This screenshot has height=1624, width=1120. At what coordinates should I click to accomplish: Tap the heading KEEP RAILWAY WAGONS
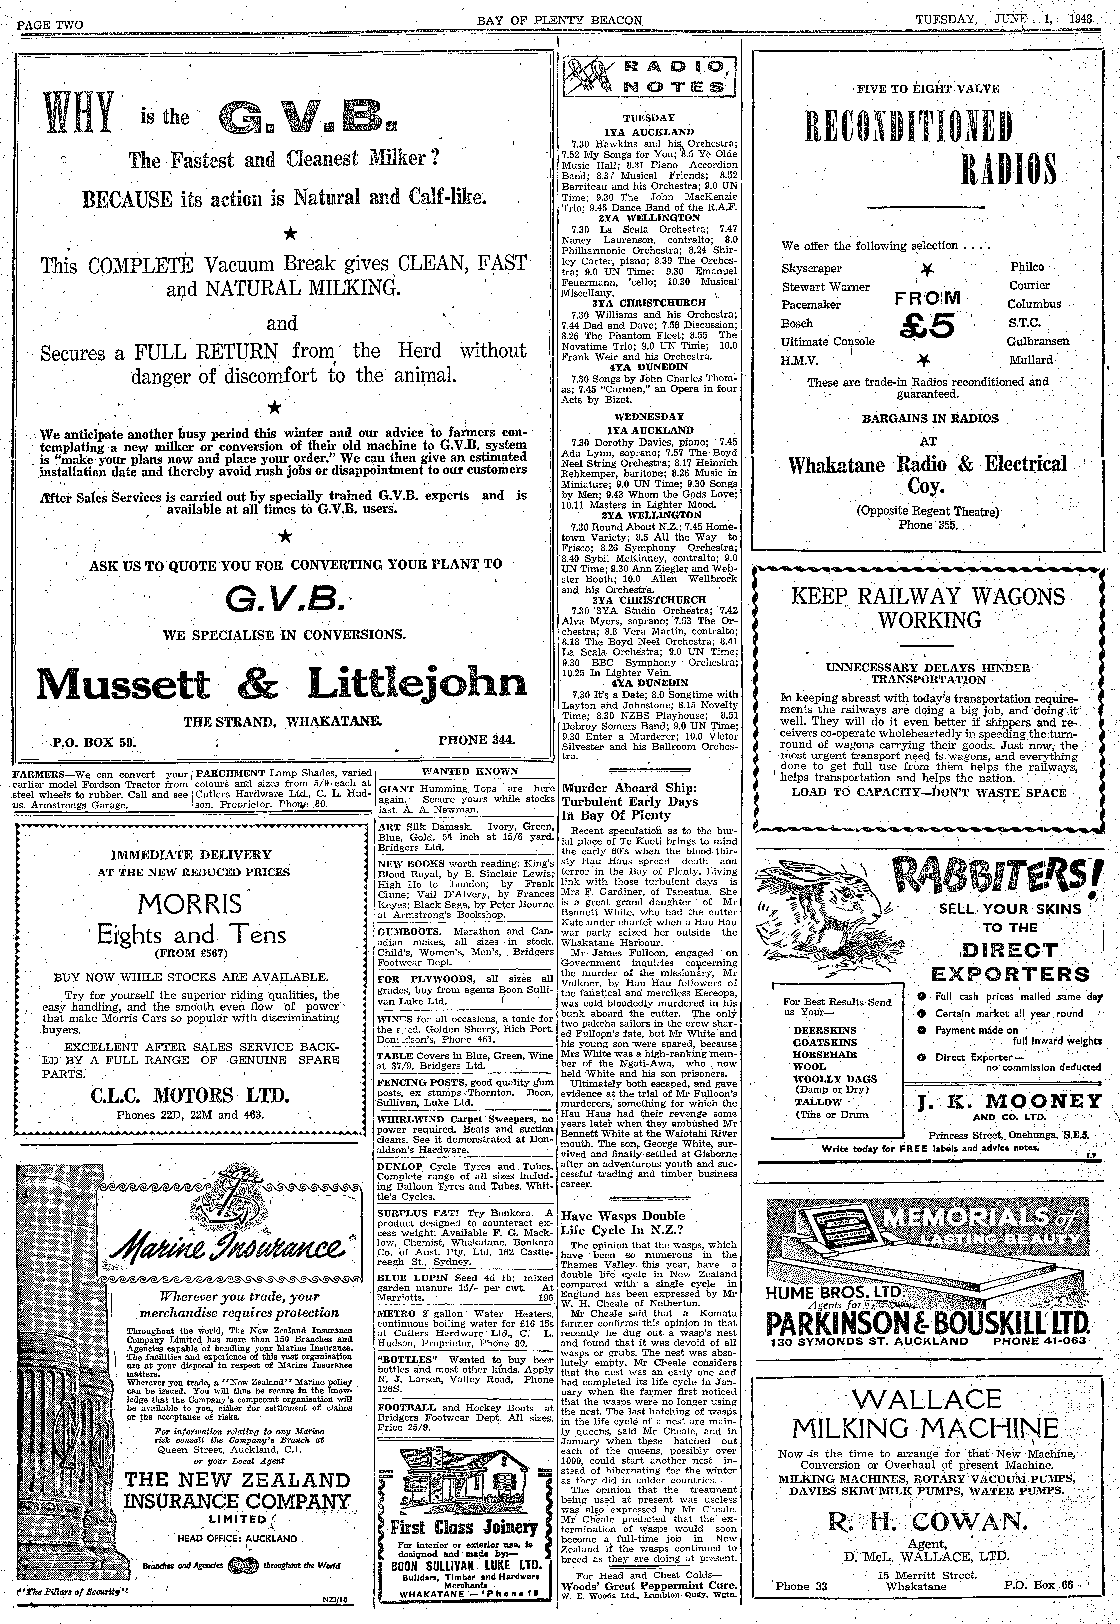[928, 596]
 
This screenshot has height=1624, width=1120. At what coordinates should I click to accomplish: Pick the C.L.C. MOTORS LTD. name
[190, 1095]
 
